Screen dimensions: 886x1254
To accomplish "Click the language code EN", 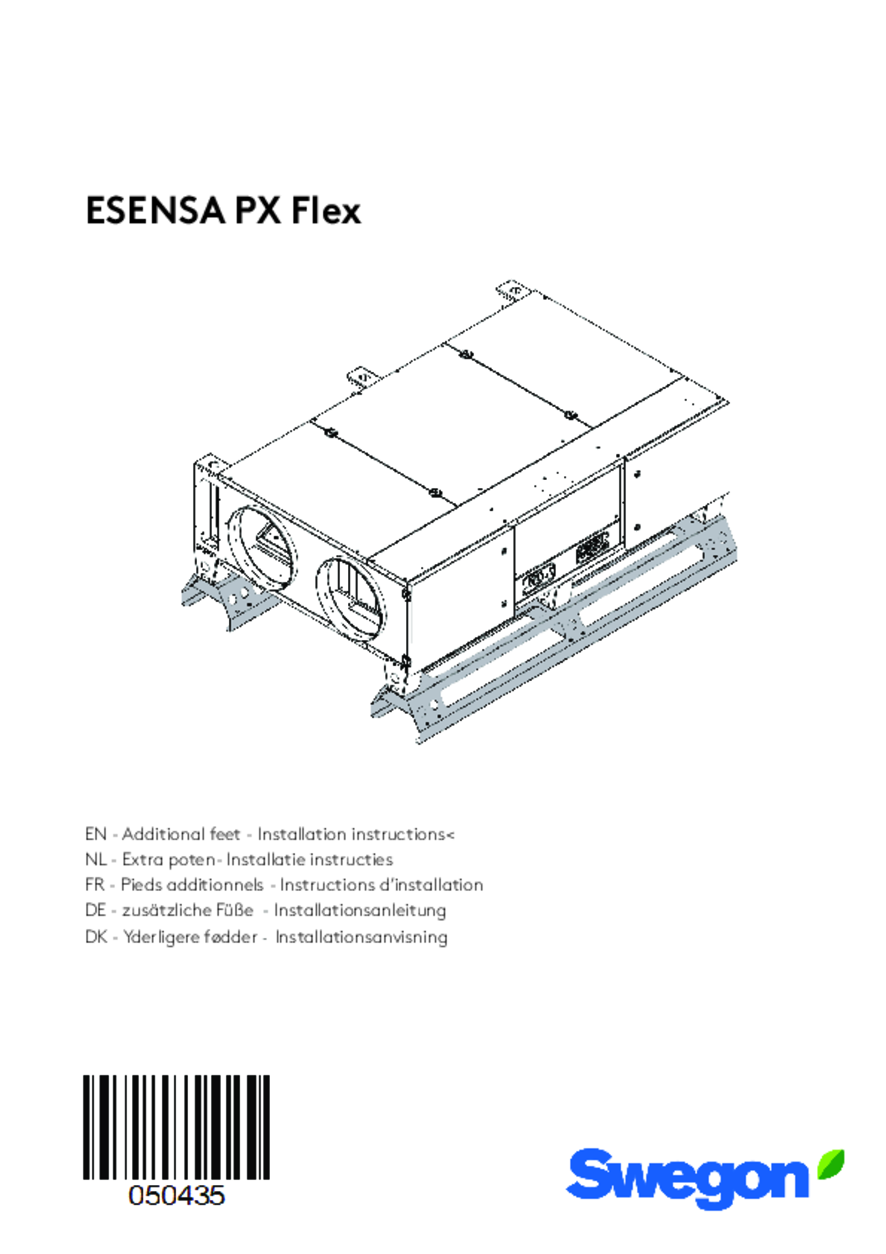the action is click(96, 834).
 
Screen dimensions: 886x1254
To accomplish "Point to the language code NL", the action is click(95, 860).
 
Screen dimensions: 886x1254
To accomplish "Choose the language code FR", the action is click(95, 885).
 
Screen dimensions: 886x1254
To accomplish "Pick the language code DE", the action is click(96, 910).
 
